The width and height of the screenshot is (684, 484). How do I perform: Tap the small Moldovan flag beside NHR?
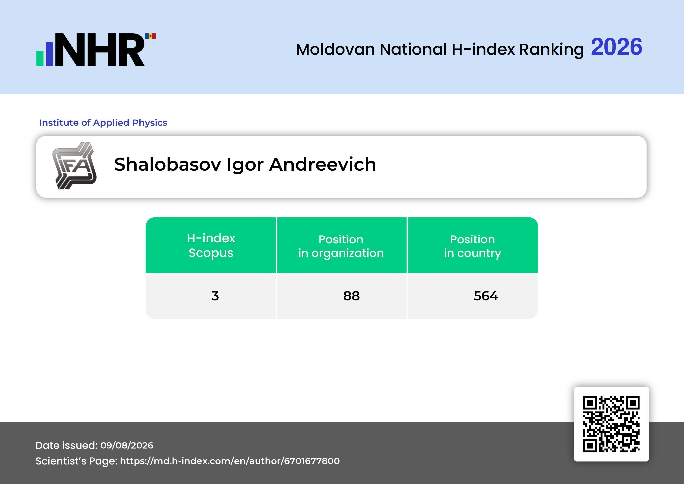[151, 36]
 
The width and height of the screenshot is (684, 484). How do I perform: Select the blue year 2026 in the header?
[616, 47]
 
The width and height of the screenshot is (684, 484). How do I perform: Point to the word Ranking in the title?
[551, 50]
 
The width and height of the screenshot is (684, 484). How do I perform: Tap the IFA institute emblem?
[74, 166]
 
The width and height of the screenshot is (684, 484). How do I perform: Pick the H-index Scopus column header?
[211, 245]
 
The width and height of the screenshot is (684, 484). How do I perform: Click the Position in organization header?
[341, 246]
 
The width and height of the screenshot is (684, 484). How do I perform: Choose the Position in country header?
[472, 246]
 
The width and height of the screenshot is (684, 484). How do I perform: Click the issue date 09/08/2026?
[127, 445]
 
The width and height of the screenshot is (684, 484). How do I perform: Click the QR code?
[611, 424]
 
